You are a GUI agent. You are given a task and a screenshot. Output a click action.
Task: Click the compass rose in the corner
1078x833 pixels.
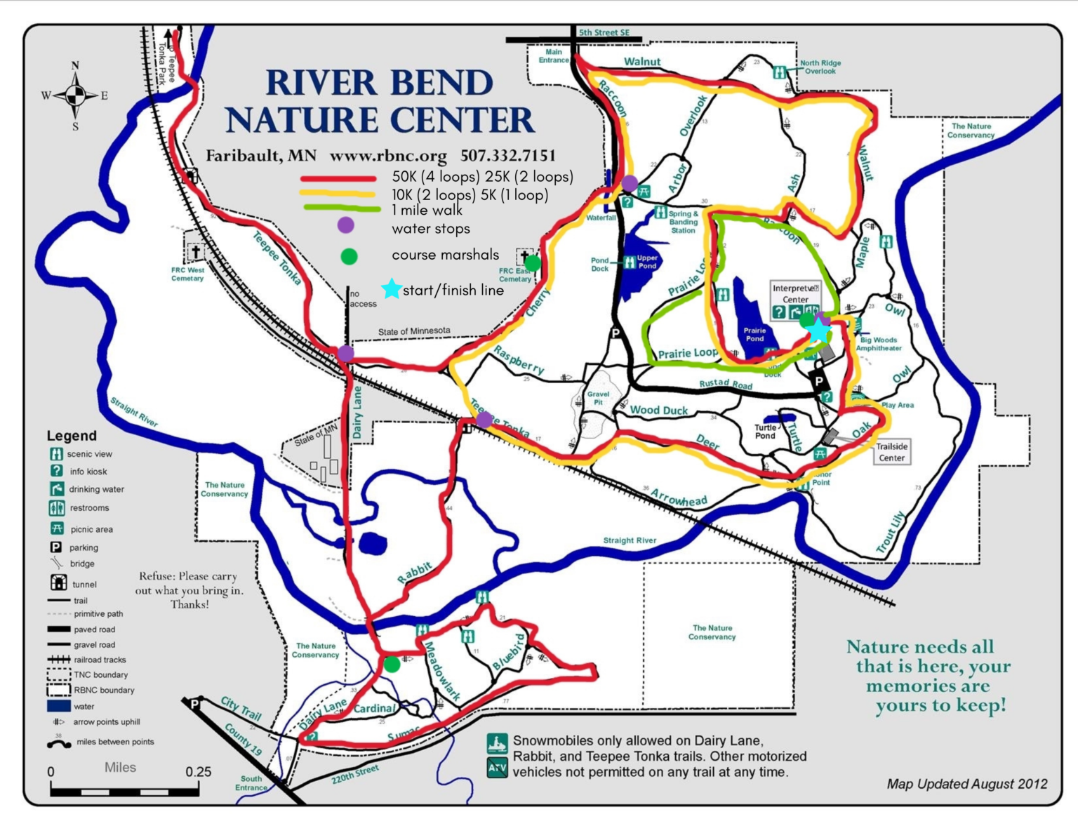tap(75, 95)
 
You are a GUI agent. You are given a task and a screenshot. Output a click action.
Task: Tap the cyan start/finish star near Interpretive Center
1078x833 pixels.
tap(818, 329)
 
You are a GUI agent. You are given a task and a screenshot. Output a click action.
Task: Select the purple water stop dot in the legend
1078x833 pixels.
tap(345, 225)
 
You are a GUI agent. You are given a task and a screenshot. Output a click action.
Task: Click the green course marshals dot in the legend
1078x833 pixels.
tap(349, 256)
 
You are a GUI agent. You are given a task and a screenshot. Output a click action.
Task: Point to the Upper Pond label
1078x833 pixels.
tap(646, 262)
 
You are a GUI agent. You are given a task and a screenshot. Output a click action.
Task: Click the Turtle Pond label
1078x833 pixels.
tap(765, 432)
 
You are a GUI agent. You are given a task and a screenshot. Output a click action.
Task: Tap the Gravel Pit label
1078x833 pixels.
tap(598, 398)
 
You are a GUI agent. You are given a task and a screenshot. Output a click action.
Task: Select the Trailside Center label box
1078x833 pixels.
tap(891, 452)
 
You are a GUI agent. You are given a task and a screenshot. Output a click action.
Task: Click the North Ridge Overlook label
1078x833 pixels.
tap(820, 67)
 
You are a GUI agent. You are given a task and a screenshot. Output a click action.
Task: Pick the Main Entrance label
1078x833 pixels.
tap(553, 56)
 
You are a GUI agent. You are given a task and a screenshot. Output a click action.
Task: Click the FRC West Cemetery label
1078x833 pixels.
tap(187, 274)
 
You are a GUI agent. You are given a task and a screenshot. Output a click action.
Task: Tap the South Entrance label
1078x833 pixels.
tap(251, 783)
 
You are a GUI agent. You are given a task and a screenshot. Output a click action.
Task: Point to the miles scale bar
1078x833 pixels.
tap(124, 792)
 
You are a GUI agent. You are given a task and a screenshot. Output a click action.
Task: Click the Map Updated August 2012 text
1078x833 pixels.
tap(966, 784)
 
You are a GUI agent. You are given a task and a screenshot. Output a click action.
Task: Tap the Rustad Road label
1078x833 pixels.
tap(725, 385)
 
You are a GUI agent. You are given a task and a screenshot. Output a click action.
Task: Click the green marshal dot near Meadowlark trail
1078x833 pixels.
tap(392, 663)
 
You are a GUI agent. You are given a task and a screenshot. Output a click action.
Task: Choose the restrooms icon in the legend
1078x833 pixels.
tap(57, 507)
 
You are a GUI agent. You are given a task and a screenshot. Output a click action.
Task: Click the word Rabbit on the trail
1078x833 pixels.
tap(414, 573)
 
